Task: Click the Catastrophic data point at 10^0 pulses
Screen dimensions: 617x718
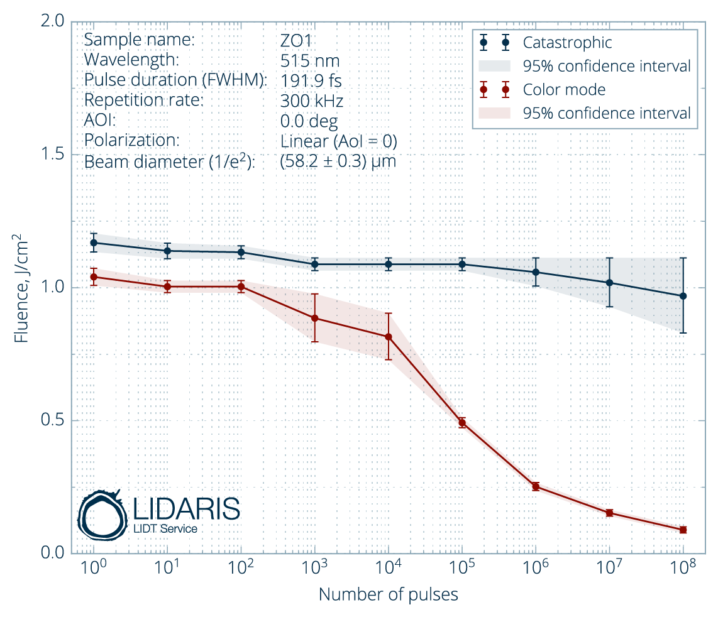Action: click(94, 243)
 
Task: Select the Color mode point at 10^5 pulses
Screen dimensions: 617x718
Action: click(462, 422)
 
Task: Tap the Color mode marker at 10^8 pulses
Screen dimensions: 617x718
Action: click(683, 530)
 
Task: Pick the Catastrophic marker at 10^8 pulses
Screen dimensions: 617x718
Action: click(683, 296)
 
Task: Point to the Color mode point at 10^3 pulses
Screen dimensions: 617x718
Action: click(315, 318)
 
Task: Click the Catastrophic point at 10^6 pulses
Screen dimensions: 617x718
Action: click(536, 272)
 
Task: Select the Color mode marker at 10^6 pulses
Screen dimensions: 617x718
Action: click(536, 486)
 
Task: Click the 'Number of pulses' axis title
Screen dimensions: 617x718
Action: click(388, 594)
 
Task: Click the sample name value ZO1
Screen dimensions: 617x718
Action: click(296, 40)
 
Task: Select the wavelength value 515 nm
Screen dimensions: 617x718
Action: click(309, 60)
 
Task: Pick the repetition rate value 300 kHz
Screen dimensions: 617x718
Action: click(311, 101)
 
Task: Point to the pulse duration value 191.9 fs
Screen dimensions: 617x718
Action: click(311, 80)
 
